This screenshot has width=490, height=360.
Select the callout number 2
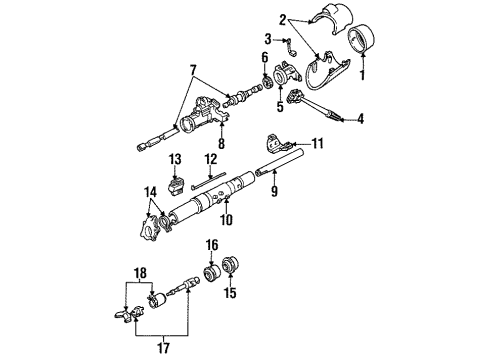click(283, 21)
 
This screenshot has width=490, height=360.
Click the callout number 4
click(360, 119)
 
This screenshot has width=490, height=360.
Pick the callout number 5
click(280, 106)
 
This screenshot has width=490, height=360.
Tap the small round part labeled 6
click(266, 83)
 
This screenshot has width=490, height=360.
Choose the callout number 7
click(193, 70)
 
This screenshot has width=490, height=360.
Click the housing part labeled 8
click(203, 115)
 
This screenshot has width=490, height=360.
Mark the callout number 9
click(274, 191)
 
